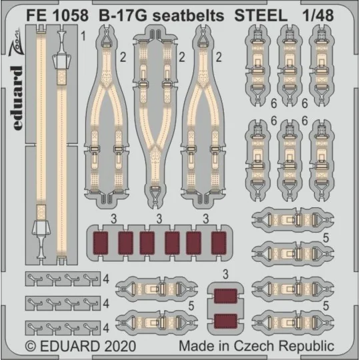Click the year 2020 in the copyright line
pos(117,347)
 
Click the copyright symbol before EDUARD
pos(31,347)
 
